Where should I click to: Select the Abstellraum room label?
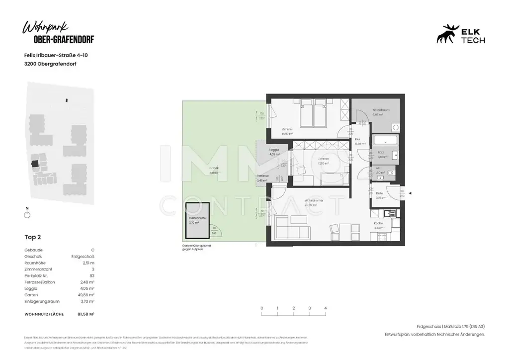pos(374,110)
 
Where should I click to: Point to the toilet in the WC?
pos(391,172)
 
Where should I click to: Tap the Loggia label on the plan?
pos(273,150)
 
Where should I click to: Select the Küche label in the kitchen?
pos(378,224)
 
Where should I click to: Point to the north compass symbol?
pos(27,214)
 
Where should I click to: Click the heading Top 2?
pos(33,237)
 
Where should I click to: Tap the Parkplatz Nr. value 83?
pos(91,275)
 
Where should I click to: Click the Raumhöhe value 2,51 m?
pos(88,263)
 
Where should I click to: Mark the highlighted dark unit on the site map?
pos(35,163)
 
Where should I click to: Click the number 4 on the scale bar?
pos(325,308)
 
